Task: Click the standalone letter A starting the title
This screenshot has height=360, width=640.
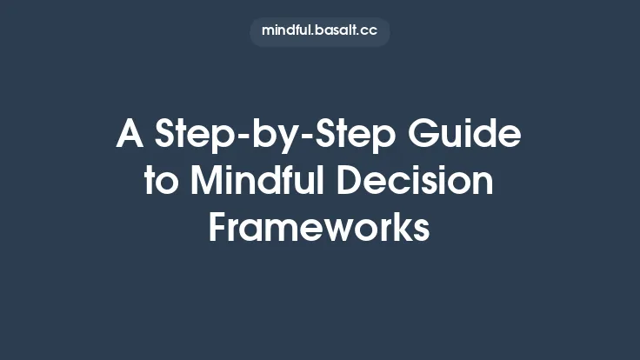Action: pos(130,136)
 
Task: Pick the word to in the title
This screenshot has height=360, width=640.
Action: pos(160,182)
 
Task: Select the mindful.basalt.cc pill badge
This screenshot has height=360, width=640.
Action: pos(319,31)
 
